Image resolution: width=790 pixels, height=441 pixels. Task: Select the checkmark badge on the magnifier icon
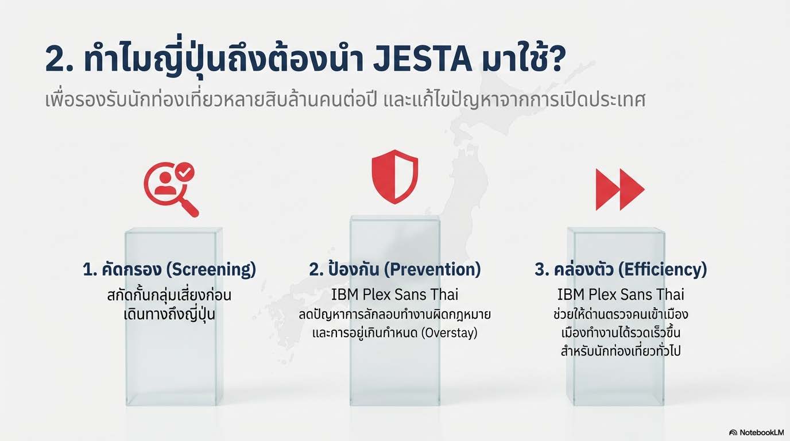click(x=185, y=172)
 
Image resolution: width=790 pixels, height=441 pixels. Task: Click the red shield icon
click(x=395, y=177)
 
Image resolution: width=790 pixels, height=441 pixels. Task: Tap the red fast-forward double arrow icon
click(x=620, y=189)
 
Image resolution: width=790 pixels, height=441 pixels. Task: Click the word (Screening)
click(x=211, y=269)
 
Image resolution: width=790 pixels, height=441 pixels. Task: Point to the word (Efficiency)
click(x=663, y=269)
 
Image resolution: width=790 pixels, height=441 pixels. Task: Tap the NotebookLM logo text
click(x=762, y=432)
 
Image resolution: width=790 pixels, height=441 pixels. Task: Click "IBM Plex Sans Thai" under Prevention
click(x=394, y=295)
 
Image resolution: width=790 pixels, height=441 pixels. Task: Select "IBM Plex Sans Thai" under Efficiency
click(x=621, y=295)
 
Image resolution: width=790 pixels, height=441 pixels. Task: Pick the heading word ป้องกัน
click(x=354, y=269)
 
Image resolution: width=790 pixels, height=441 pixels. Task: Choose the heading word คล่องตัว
click(x=584, y=269)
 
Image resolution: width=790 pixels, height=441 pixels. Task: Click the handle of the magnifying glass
click(x=190, y=208)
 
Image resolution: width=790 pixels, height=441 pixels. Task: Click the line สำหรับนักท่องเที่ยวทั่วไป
click(x=621, y=351)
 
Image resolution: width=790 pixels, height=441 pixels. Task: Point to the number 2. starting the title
click(x=59, y=60)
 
